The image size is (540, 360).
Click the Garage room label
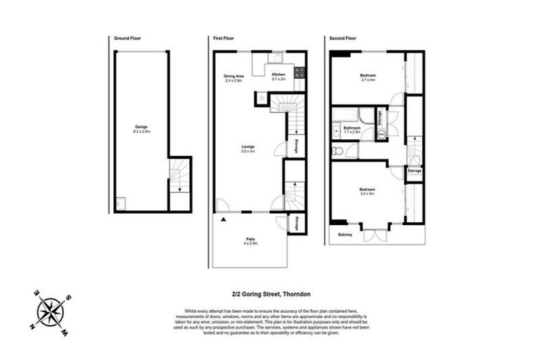pyautogui.click(x=140, y=129)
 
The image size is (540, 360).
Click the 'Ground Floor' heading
pyautogui.click(x=127, y=38)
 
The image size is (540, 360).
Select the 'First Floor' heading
pyautogui.click(x=224, y=38)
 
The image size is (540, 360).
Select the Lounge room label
pyautogui.click(x=247, y=148)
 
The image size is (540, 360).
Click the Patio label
pyautogui.click(x=251, y=240)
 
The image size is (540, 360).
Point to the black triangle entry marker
pyautogui.click(x=224, y=220)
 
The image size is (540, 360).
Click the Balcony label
pyautogui.click(x=345, y=234)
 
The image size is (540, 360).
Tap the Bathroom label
pyautogui.click(x=352, y=129)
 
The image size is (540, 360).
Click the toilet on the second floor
pyautogui.click(x=337, y=150)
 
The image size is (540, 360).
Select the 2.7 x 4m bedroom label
pyautogui.click(x=368, y=77)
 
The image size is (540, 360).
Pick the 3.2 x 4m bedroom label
pyautogui.click(x=366, y=191)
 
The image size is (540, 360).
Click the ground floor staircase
pyautogui.click(x=180, y=176)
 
